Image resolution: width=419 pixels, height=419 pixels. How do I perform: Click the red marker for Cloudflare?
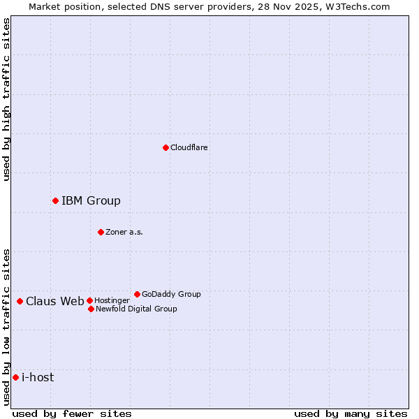pyautogui.click(x=166, y=147)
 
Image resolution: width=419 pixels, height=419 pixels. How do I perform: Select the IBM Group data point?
pyautogui.click(x=55, y=201)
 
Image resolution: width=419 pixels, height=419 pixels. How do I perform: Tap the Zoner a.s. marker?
pyautogui.click(x=101, y=232)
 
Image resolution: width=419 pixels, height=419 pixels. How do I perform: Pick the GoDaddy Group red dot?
pyautogui.click(x=137, y=294)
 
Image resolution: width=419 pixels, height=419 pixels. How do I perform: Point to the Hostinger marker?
pyautogui.click(x=89, y=300)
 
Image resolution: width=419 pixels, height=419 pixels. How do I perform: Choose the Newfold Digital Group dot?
pyautogui.click(x=91, y=309)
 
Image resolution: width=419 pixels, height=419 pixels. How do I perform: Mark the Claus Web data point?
pyautogui.click(x=20, y=302)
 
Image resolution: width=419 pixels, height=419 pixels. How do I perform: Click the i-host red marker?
pyautogui.click(x=15, y=378)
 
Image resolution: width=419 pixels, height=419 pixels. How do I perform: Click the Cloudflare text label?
pyautogui.click(x=189, y=147)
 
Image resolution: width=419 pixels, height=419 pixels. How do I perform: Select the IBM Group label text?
pyautogui.click(x=91, y=201)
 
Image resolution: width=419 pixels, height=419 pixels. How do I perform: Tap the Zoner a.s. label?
pyautogui.click(x=124, y=232)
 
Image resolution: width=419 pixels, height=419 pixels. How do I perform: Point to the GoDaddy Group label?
pyautogui.click(x=171, y=294)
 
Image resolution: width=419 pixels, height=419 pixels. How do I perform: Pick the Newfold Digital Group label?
pyautogui.click(x=136, y=309)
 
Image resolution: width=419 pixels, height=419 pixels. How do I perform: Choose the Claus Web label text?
pyautogui.click(x=55, y=302)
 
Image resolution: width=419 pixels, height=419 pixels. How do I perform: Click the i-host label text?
pyautogui.click(x=38, y=378)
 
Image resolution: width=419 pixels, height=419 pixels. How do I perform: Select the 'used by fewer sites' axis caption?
pyautogui.click(x=72, y=413)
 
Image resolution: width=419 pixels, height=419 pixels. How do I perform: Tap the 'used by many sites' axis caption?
pyautogui.click(x=351, y=413)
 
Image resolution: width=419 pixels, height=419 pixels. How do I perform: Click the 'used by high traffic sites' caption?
pyautogui.click(x=6, y=99)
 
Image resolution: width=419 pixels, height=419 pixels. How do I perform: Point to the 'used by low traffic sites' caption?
pyautogui.click(x=6, y=327)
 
